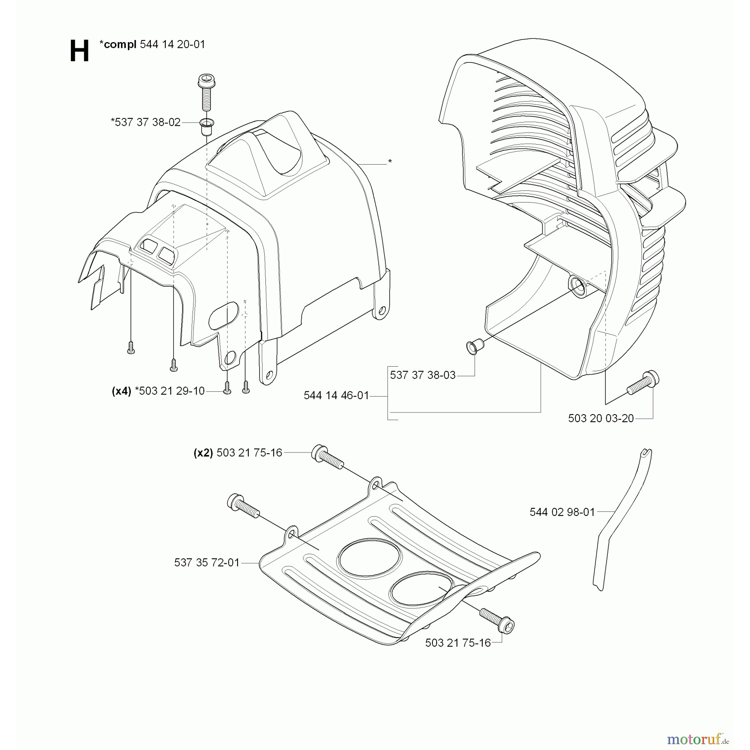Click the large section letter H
[79, 51]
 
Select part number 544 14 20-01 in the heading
[173, 44]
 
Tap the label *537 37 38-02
[146, 122]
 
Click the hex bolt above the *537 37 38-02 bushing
[206, 92]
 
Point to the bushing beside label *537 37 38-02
[206, 126]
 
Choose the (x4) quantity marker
[122, 391]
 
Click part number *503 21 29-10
[170, 391]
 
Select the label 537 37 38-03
[423, 375]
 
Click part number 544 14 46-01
[337, 395]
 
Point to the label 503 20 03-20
[601, 418]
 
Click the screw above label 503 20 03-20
[643, 383]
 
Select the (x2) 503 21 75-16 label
[238, 452]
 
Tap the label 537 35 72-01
[207, 562]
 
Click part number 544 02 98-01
[562, 512]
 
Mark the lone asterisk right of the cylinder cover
[390, 162]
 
